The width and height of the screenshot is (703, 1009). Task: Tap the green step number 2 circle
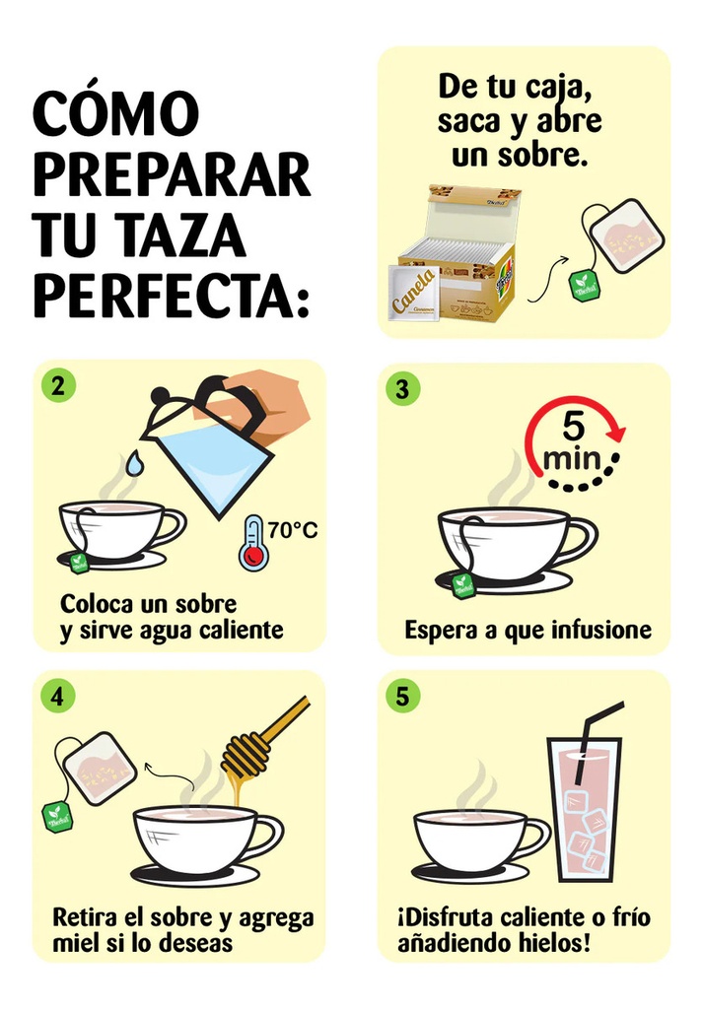[x=58, y=386]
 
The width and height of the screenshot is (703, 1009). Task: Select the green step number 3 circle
[x=401, y=388]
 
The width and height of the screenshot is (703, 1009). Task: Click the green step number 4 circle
[x=58, y=696]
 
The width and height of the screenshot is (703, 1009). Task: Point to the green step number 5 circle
[x=401, y=696]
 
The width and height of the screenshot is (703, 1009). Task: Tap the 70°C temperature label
[x=293, y=530]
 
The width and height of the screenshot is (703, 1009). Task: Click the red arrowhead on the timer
[x=616, y=432]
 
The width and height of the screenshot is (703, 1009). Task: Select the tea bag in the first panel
[x=626, y=236]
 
